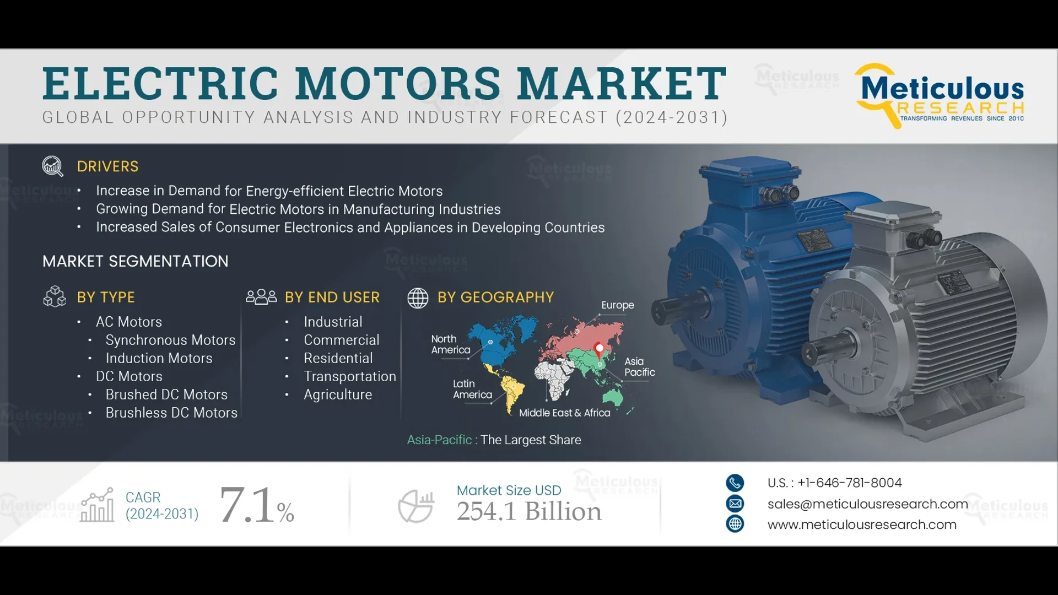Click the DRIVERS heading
coord(107,166)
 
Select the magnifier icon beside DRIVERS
coord(53,166)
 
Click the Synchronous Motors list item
coord(170,340)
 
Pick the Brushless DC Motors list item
coord(171,413)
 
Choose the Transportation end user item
coord(350,377)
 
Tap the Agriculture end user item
coord(338,395)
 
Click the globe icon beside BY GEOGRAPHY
coord(418,298)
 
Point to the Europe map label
coord(617,305)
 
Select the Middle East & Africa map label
coord(564,413)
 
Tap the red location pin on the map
coord(600,349)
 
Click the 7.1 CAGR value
coord(247,505)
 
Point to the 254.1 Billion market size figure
coord(529,512)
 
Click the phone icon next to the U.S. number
coord(735,483)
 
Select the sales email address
coord(867,504)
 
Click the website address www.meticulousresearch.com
coord(862,525)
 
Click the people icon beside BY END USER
coord(261,297)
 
